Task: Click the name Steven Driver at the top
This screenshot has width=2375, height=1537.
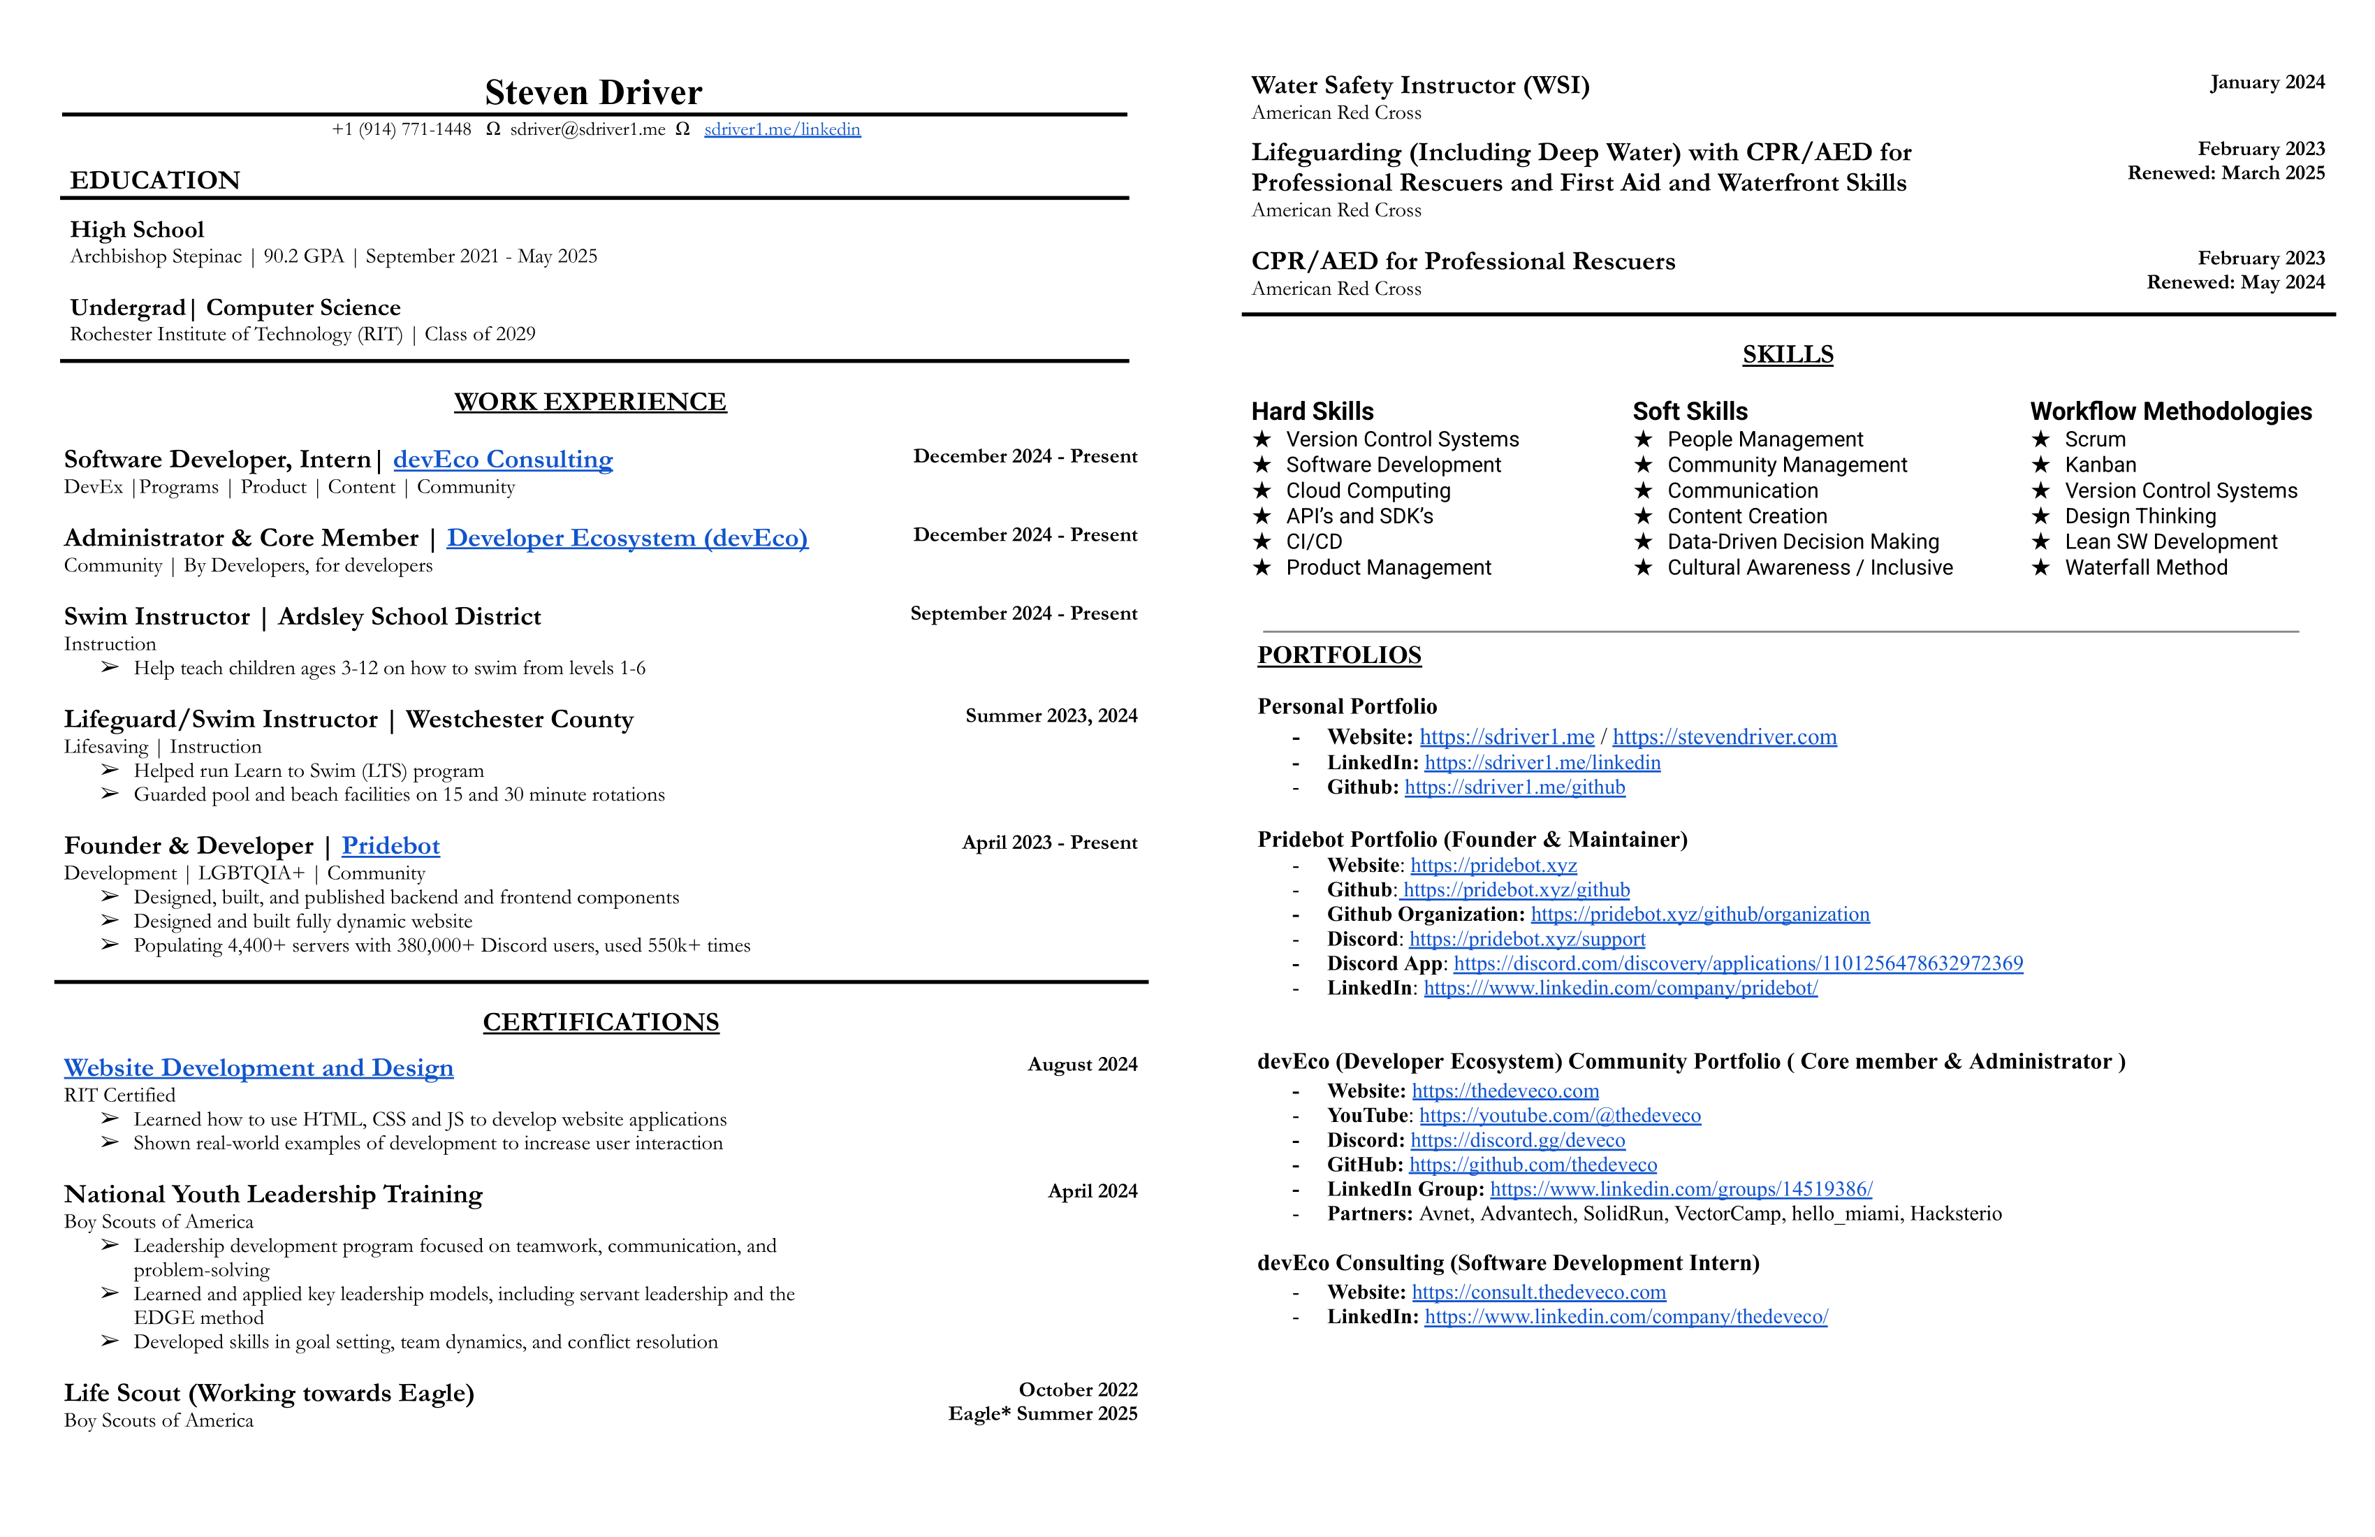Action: click(593, 93)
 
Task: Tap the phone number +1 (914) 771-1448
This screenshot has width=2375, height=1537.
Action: click(401, 130)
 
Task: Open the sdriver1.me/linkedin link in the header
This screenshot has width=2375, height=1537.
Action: click(782, 130)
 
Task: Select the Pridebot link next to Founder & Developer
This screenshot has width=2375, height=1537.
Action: click(390, 845)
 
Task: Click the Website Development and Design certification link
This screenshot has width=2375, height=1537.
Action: click(258, 1068)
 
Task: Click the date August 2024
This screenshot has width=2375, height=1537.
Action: click(1082, 1065)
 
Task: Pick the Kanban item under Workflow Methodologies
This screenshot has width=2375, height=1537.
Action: click(2100, 465)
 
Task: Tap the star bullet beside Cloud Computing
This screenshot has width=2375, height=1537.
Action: click(1262, 491)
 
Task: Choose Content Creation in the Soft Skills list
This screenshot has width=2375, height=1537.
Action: click(1746, 516)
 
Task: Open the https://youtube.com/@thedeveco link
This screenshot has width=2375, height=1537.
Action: click(1560, 1116)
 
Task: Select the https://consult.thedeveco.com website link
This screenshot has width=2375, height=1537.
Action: click(1539, 1292)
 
